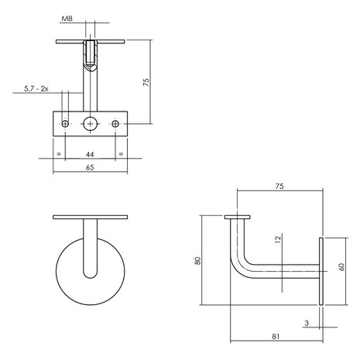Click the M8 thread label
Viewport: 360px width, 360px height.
[67, 19]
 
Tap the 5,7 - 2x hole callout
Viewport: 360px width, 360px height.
[36, 89]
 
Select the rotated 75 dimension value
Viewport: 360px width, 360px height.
[146, 82]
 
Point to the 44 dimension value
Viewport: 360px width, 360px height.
[90, 154]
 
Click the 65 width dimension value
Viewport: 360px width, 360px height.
[90, 167]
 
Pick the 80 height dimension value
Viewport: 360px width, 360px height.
[197, 260]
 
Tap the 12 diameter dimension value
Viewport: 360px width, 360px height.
[278, 240]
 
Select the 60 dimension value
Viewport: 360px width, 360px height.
[341, 267]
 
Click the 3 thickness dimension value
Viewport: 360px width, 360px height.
[307, 323]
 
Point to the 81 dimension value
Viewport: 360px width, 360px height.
[276, 337]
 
